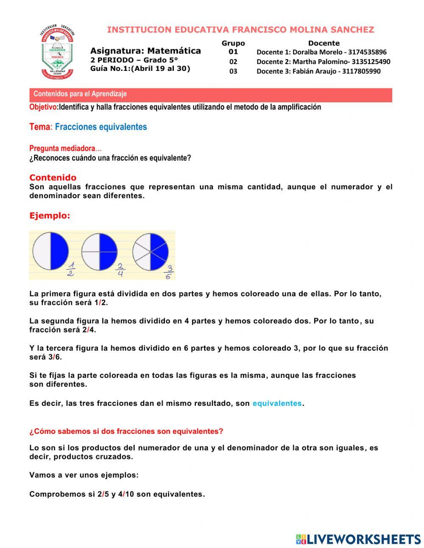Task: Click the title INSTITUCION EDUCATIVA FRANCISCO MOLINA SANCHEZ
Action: tap(240, 30)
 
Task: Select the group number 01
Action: tap(233, 52)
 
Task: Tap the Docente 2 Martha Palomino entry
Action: tap(323, 62)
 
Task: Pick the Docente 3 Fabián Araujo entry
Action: tap(318, 71)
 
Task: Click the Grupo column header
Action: tap(233, 43)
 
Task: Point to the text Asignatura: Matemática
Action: tap(145, 51)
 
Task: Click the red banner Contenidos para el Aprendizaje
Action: tap(211, 94)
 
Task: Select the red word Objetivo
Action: tap(43, 107)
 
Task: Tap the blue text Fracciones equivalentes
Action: tap(101, 127)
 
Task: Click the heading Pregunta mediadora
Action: tap(62, 149)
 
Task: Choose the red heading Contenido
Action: tap(53, 177)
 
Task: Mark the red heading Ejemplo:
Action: tap(50, 216)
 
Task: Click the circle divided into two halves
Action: tap(50, 251)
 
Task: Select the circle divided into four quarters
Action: tap(99, 252)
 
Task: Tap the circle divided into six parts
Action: tap(150, 252)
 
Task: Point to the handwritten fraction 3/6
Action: tap(168, 272)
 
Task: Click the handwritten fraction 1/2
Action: tap(71, 270)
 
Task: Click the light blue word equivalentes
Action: tap(277, 403)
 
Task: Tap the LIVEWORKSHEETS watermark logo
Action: tap(358, 539)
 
